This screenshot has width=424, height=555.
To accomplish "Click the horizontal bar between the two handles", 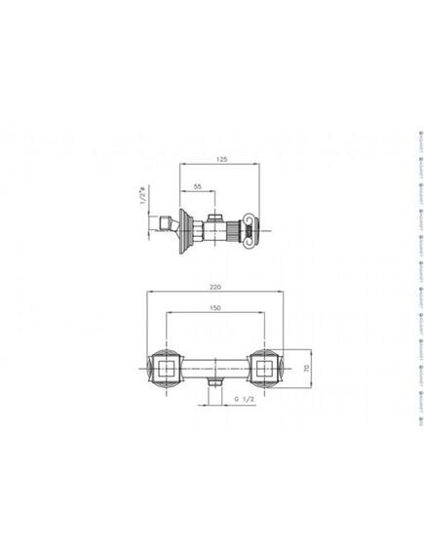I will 214,370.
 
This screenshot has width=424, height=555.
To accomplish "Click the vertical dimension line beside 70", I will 312,370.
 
